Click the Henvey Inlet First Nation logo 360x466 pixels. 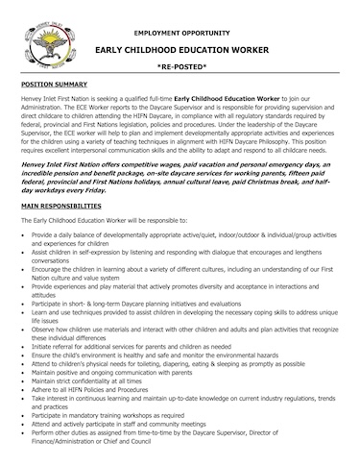click(x=37, y=37)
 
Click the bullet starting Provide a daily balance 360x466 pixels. click(x=144, y=234)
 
